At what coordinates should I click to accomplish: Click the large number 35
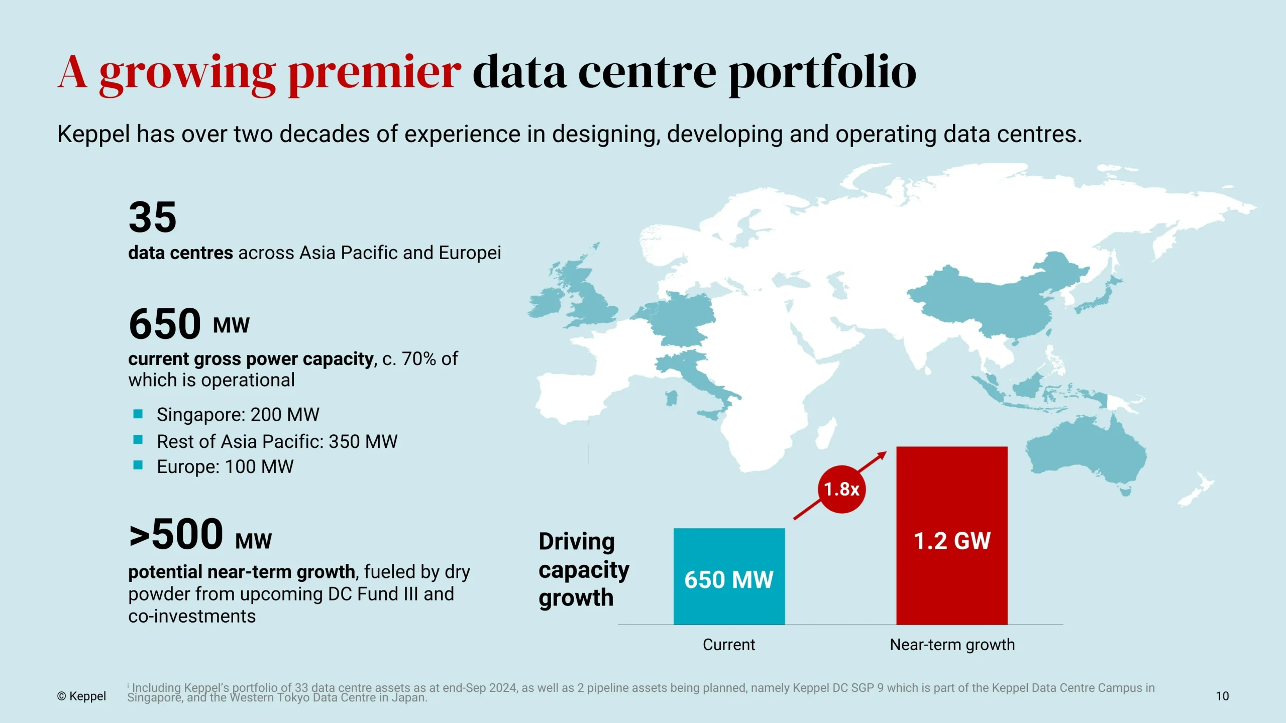tap(152, 217)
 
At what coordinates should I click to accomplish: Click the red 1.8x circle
tap(841, 489)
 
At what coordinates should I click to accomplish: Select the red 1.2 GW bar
tap(951, 535)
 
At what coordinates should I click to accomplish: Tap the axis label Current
tap(728, 645)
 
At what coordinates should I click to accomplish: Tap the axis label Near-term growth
tap(952, 645)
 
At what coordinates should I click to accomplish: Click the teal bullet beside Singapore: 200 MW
tap(138, 414)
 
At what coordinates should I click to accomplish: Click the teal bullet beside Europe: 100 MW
tap(138, 465)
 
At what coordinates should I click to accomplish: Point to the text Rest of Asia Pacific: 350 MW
tap(277, 441)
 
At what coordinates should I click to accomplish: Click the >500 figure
tap(176, 534)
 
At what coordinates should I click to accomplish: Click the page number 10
tap(1222, 696)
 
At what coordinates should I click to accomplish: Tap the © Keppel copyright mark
tap(81, 696)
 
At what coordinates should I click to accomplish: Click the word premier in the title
tap(374, 73)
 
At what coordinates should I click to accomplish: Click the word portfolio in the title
tap(822, 73)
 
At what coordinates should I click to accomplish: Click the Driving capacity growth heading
tap(583, 569)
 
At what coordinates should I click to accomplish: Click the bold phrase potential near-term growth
tap(242, 572)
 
